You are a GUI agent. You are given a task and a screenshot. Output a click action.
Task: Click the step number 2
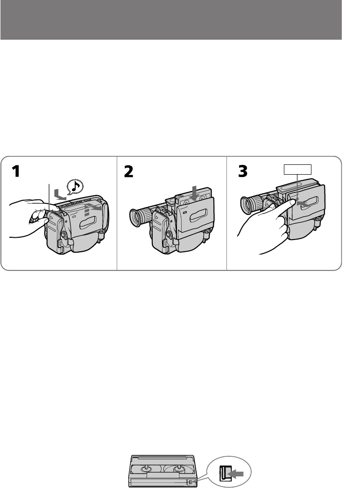tap(128, 171)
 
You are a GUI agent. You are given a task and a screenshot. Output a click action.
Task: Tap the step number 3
tap(243, 171)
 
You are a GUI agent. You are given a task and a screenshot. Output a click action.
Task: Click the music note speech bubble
tap(75, 186)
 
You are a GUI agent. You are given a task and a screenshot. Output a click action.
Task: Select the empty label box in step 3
tap(297, 170)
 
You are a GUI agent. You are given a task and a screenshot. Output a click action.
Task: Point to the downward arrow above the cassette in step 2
tap(195, 193)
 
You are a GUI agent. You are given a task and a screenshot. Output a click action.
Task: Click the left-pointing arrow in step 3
tap(303, 204)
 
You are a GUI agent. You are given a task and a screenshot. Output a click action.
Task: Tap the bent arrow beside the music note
tap(59, 195)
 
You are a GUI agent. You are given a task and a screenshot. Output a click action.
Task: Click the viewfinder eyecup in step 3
tap(247, 205)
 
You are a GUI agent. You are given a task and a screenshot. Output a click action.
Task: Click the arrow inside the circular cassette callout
tap(235, 474)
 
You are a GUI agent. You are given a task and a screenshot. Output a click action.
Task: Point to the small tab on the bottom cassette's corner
tap(191, 482)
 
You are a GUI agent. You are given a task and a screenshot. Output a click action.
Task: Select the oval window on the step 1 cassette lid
tap(89, 223)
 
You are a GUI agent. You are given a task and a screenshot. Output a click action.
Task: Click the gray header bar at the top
tap(171, 20)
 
